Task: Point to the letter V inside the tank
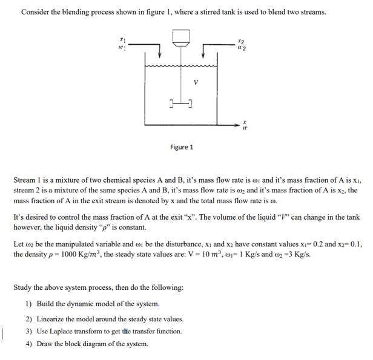pyautogui.click(x=194, y=83)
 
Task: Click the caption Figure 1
pyautogui.click(x=182, y=147)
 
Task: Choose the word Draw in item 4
pyautogui.click(x=45, y=344)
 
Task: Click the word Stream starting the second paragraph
pyautogui.click(x=25, y=180)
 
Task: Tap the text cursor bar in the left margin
pyautogui.click(x=4, y=332)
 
